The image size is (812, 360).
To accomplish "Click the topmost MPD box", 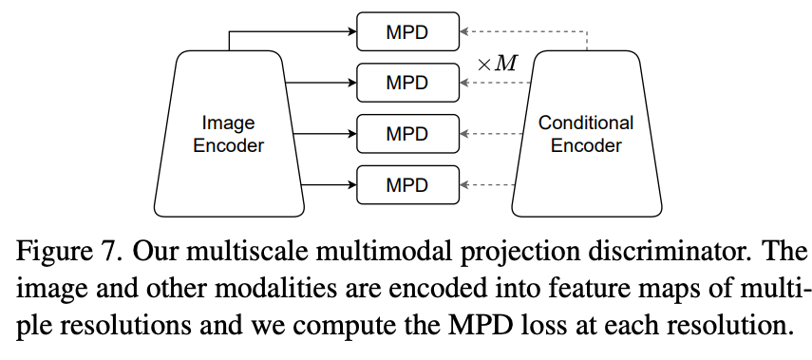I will pyautogui.click(x=407, y=32).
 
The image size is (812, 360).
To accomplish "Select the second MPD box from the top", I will pyautogui.click(x=407, y=83).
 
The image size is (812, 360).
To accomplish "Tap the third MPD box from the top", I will pyautogui.click(x=407, y=133).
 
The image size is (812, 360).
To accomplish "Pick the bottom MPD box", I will pyautogui.click(x=407, y=183).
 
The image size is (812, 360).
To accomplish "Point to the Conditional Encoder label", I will pyautogui.click(x=586, y=134).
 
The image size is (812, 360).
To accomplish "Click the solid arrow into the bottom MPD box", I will pyautogui.click(x=328, y=183).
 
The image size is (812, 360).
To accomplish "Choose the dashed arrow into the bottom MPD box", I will pyautogui.click(x=487, y=183).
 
